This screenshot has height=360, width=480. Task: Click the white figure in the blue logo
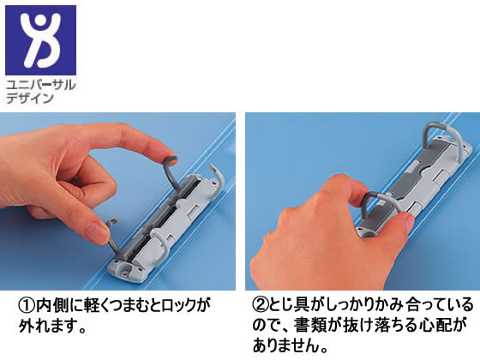40,39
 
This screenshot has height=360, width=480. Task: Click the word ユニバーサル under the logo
41,85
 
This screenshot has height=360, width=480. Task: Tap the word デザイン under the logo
30,99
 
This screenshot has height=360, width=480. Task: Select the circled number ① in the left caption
27,305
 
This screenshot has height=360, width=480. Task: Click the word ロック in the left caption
178,305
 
